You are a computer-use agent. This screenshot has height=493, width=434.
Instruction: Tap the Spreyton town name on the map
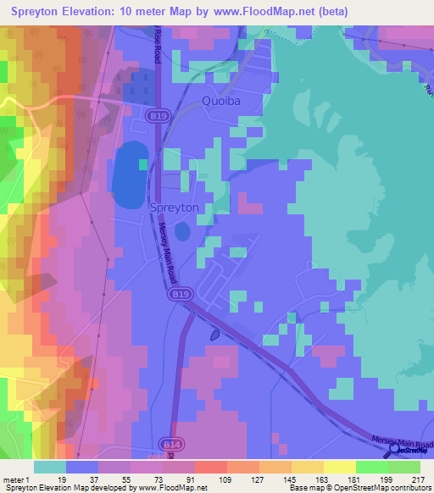coord(174,207)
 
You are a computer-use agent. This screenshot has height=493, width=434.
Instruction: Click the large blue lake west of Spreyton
coord(130,175)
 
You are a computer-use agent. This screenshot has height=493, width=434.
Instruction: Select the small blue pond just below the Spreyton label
coord(182,231)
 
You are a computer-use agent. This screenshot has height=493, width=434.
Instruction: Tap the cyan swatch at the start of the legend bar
coord(50,467)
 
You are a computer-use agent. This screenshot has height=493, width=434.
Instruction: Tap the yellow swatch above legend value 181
coord(339,467)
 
